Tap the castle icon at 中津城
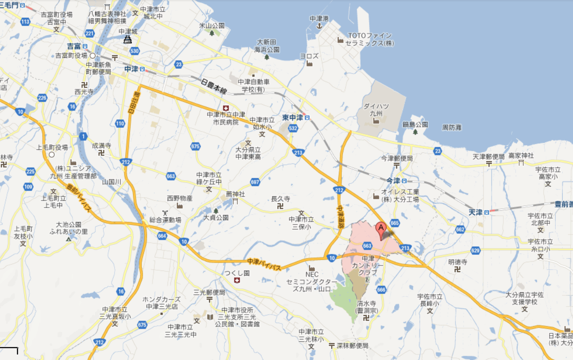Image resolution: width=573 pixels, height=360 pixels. coord(127,40)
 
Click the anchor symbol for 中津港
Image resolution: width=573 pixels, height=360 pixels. coord(319,26)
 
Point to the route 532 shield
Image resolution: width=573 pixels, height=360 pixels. coord(293,128)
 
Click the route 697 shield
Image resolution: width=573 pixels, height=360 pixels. coord(255,182)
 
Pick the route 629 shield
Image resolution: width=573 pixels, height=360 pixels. coord(475,251)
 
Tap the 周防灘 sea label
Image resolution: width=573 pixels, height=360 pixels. coord(452,127)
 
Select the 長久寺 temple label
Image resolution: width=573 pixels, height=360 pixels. coord(281,199)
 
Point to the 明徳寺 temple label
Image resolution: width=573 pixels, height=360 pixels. coord(457,262)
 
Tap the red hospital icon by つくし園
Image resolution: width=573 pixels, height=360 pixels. coord(237,280)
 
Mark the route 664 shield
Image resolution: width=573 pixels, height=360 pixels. coord(162,235)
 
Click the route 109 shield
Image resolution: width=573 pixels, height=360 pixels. coord(28,187)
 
